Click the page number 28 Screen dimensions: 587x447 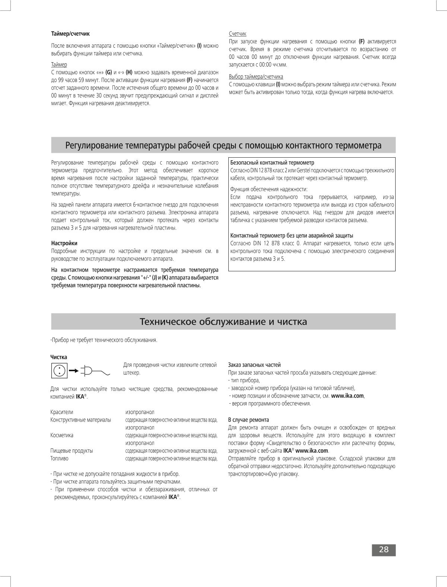pos(383,550)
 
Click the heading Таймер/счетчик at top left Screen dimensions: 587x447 pos(70,34)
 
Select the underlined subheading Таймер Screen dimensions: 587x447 pos(59,64)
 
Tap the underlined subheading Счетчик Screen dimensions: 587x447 pos(237,34)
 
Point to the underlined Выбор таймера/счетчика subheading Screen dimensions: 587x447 pos(256,77)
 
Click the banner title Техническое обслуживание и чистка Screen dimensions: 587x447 pos(223,322)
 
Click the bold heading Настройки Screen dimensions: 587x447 pos(64,243)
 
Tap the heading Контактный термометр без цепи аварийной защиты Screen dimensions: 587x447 pos(292,236)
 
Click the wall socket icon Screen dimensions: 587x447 pos(60,370)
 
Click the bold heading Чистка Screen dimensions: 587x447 pos(58,357)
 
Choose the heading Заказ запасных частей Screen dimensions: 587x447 pos(254,365)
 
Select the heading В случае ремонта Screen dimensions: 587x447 pos(248,420)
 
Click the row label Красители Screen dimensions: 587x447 pos(62,412)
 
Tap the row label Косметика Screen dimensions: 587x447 pos(62,435)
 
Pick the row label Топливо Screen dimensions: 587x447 pos(60,458)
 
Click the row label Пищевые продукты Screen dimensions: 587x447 pos(72,451)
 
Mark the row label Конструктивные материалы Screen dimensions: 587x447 pos(80,420)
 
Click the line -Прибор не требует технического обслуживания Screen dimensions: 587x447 pos(104,340)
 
